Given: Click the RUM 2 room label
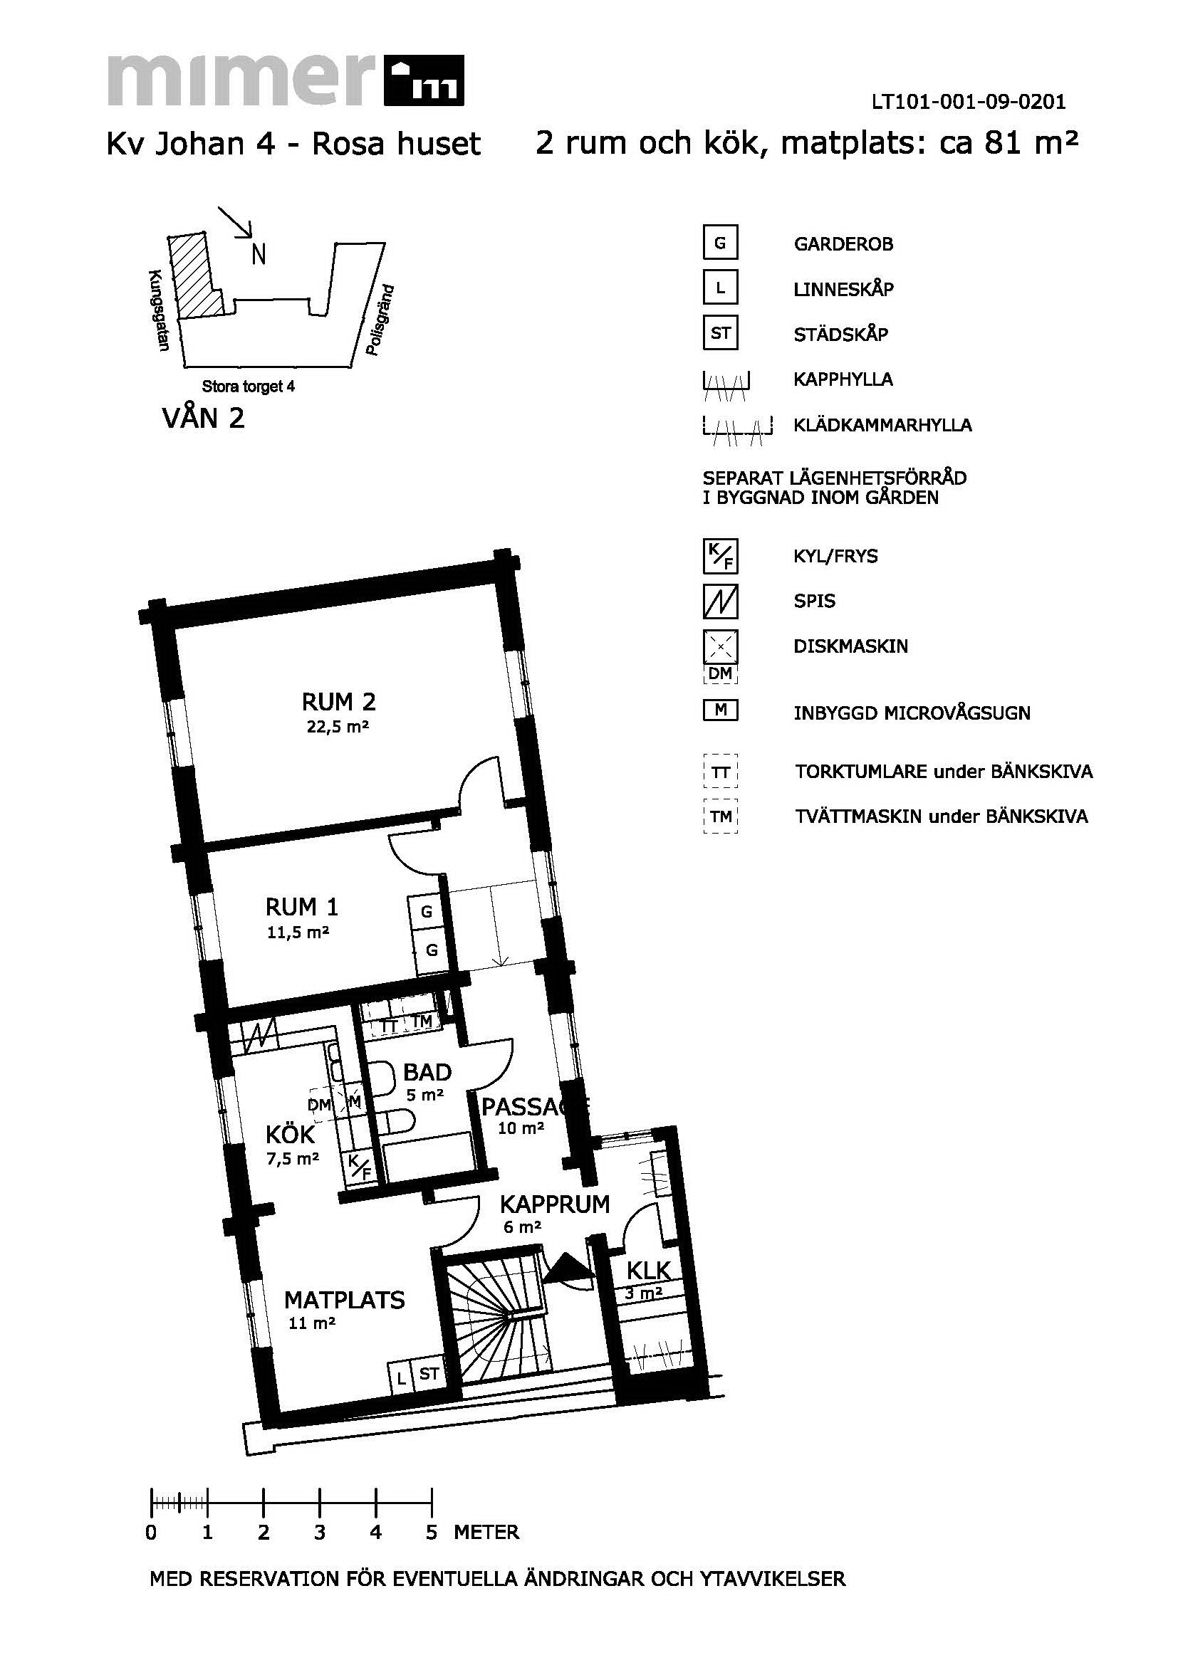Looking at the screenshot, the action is [x=339, y=702].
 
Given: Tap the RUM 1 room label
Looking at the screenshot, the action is [x=302, y=907].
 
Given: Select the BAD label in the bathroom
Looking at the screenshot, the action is [x=427, y=1072].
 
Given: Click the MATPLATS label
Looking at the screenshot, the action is [x=344, y=1300].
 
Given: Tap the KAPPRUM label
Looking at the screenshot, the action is [x=555, y=1204].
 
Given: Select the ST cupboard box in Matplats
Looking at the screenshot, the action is [x=429, y=1373].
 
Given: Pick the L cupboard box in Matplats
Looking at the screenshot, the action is [x=400, y=1376].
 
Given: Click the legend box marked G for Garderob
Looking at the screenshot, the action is [x=720, y=243].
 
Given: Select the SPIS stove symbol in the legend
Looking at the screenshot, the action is [x=720, y=602].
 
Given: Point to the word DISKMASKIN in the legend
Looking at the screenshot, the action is [x=851, y=646].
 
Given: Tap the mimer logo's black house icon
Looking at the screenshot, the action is [x=424, y=80].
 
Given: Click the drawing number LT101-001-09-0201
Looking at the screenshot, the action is [x=969, y=102].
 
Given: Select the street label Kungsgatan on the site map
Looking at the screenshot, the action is [x=158, y=311].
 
